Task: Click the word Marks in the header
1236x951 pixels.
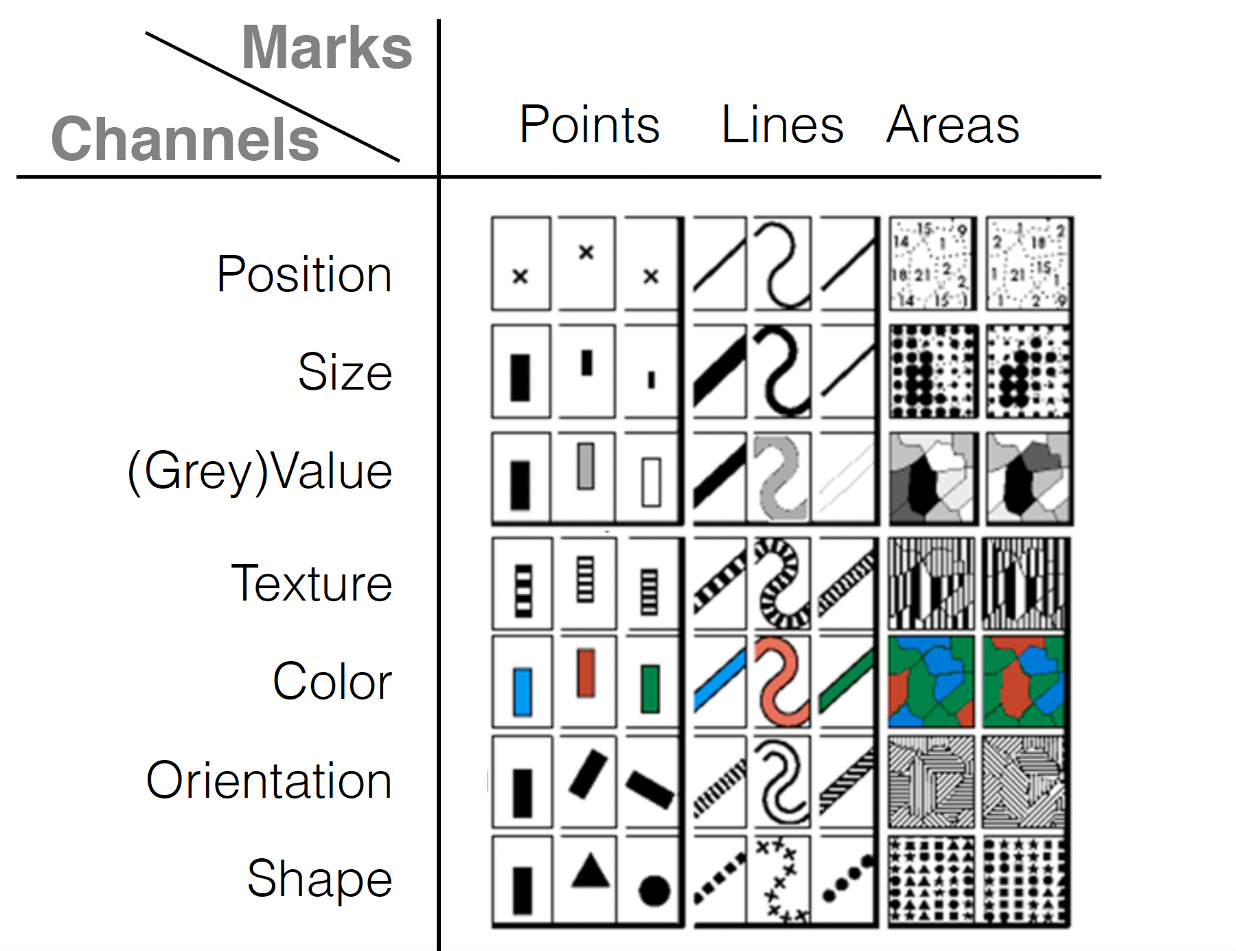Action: [x=327, y=48]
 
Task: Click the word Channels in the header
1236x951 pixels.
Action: [x=185, y=139]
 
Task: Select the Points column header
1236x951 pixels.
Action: [x=589, y=125]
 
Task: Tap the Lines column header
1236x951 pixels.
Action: [x=782, y=125]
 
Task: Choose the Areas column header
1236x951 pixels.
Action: [x=952, y=125]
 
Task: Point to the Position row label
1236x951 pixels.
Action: [x=304, y=274]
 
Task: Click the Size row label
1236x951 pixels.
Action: [x=345, y=372]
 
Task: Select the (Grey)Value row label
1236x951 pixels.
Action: [x=260, y=472]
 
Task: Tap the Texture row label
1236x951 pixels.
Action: [x=312, y=583]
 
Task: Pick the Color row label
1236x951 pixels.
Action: [x=332, y=682]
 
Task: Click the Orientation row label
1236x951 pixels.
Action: [x=269, y=781]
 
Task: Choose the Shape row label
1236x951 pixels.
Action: [x=319, y=878]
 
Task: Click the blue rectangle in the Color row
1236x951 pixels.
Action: [x=523, y=692]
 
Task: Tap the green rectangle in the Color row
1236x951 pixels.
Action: [x=650, y=689]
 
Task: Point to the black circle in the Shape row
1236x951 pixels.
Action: [x=654, y=891]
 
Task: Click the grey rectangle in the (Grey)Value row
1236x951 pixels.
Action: [x=585, y=466]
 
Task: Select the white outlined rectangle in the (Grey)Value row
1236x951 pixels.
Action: [x=651, y=482]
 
